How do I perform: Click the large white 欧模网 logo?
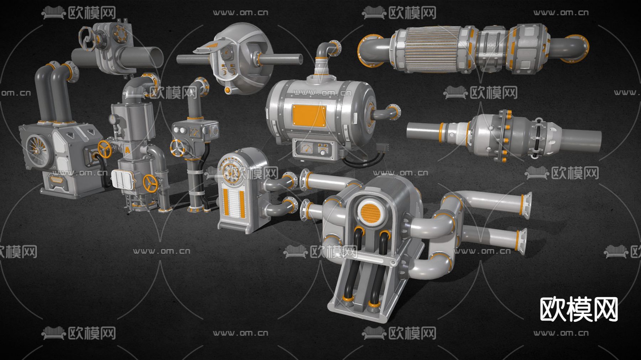pos(579,309)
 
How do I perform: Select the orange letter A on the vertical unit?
pos(127,150)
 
